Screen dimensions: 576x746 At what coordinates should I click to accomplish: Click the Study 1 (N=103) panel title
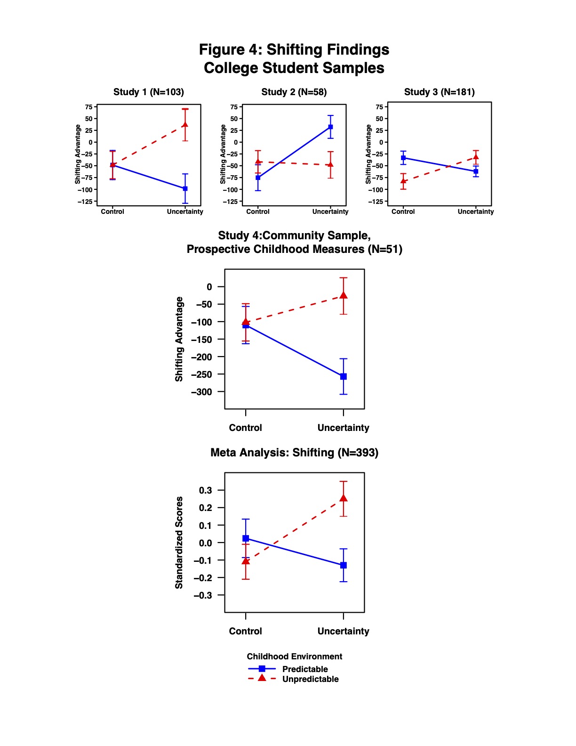(149, 92)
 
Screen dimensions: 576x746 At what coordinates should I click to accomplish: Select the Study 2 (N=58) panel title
(294, 92)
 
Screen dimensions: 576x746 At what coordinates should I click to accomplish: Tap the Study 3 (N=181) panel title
(439, 92)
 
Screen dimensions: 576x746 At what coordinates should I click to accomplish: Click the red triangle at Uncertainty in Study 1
(185, 125)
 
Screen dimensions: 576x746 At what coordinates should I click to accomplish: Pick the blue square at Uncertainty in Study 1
(185, 188)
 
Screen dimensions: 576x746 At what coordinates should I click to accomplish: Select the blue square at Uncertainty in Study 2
(330, 127)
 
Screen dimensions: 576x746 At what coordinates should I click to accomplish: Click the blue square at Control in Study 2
(258, 178)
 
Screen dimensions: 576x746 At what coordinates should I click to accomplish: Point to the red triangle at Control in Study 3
(403, 181)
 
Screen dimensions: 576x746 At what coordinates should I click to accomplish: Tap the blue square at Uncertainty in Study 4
(344, 377)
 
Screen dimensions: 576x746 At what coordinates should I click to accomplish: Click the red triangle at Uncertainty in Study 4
(344, 295)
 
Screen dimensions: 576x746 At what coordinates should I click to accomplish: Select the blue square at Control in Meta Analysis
(246, 538)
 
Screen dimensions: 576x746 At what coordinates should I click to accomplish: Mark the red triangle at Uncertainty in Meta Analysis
(344, 498)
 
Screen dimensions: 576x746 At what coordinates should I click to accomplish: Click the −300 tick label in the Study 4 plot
(202, 392)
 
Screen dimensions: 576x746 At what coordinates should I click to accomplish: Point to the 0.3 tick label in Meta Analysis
(206, 490)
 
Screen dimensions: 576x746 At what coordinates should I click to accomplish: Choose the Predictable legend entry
(304, 669)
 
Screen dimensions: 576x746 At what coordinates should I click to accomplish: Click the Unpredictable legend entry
(310, 679)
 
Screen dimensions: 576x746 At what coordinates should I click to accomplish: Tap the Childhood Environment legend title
(294, 657)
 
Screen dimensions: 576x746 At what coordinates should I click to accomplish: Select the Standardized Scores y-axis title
(179, 543)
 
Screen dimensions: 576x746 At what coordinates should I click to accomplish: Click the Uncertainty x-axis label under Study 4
(344, 428)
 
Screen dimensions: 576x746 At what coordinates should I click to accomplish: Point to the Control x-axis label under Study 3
(403, 211)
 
